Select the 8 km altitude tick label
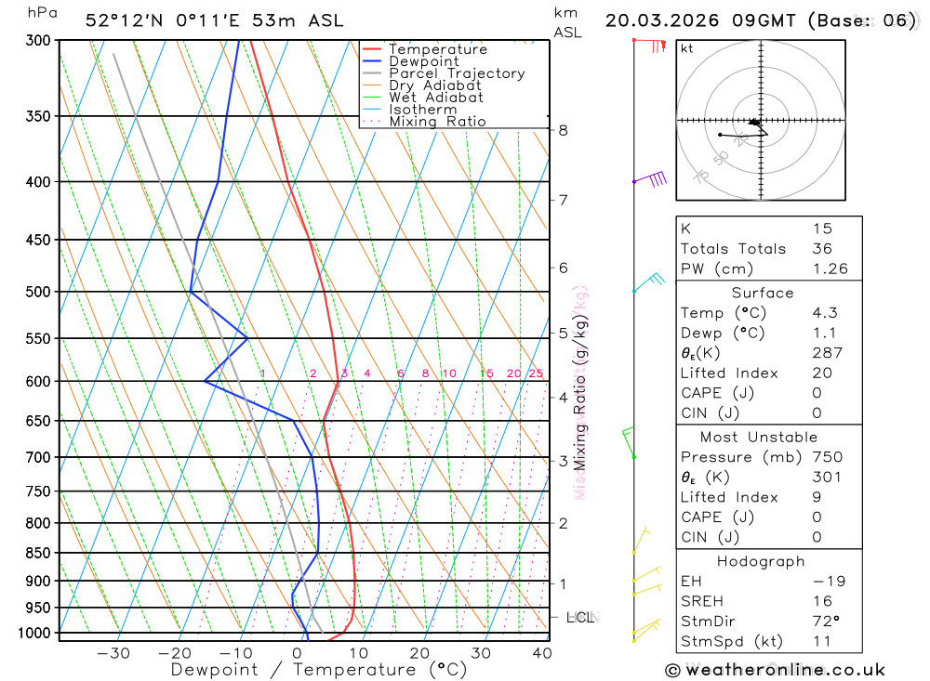coord(564,130)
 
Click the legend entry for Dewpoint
coord(424,61)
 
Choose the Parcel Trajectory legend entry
coord(457,73)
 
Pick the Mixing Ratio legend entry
coord(437,122)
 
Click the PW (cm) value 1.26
coord(830,269)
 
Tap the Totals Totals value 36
coord(822,249)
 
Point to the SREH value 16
coord(822,601)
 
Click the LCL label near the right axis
coord(579,617)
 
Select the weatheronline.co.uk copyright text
coord(775,670)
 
